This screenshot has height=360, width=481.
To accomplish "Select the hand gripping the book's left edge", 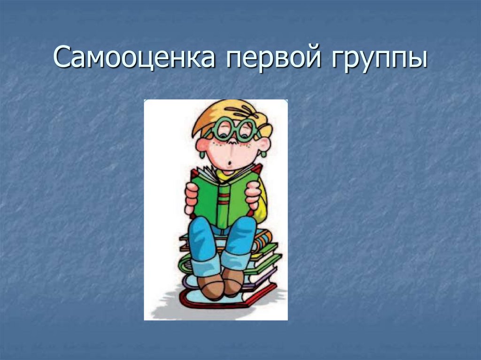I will (x=192, y=198).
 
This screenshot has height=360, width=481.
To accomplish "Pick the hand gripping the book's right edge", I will (x=253, y=194).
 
